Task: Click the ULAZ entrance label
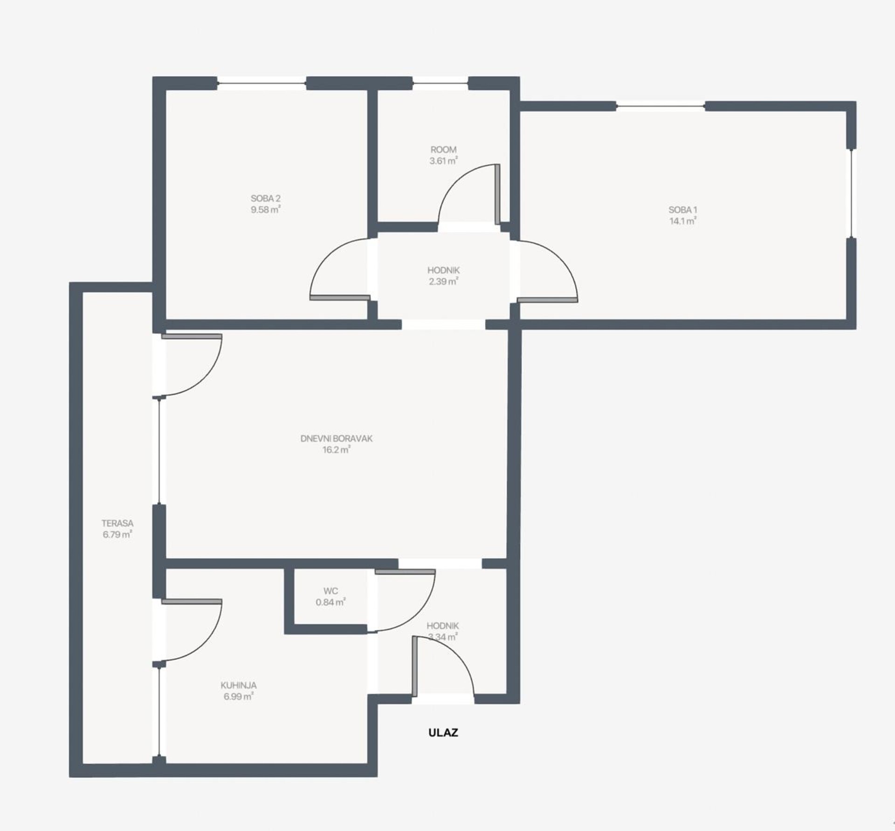pyautogui.click(x=443, y=733)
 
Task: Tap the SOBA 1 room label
pyautogui.click(x=683, y=210)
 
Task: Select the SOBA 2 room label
pyautogui.click(x=266, y=199)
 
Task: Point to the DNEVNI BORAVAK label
pyautogui.click(x=337, y=438)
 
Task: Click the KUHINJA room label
pyautogui.click(x=239, y=686)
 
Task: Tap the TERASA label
pyautogui.click(x=117, y=523)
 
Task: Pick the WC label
pyautogui.click(x=330, y=591)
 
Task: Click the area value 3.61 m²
pyautogui.click(x=443, y=161)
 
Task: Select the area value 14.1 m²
pyautogui.click(x=683, y=221)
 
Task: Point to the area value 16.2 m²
pyautogui.click(x=337, y=450)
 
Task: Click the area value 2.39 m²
pyautogui.click(x=444, y=282)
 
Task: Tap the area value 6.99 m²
pyautogui.click(x=239, y=697)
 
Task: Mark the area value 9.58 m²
pyautogui.click(x=266, y=210)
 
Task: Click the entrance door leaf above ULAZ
pyautogui.click(x=414, y=667)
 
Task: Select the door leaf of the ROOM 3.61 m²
pyautogui.click(x=497, y=194)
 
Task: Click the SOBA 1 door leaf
pyautogui.click(x=548, y=300)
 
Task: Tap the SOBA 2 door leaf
pyautogui.click(x=340, y=298)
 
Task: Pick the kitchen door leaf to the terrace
pyautogui.click(x=192, y=602)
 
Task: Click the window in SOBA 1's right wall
pyautogui.click(x=852, y=193)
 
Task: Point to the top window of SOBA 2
pyautogui.click(x=262, y=83)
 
